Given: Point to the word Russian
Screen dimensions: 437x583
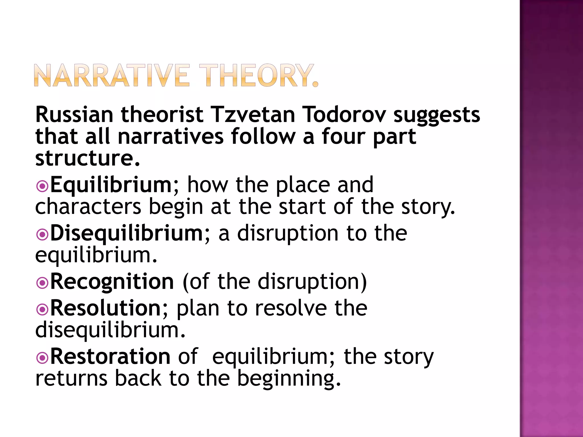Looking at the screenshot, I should tap(74, 114).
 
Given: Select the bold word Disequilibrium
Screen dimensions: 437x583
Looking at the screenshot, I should tap(126, 233).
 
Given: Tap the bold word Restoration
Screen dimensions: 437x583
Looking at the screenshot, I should tap(110, 356).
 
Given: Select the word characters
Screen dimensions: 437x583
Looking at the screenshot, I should tap(88, 207).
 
